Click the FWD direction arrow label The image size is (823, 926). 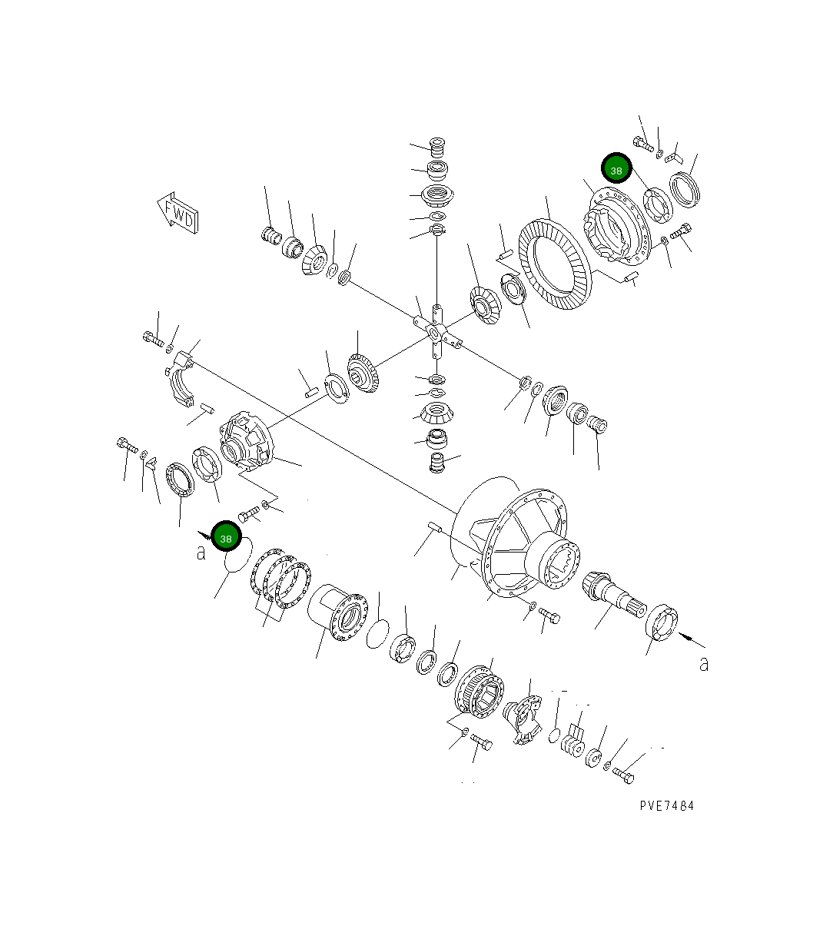coord(178,212)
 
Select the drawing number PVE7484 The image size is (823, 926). coord(665,805)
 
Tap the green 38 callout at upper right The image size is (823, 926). coord(616,169)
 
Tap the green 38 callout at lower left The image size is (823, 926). coord(226,538)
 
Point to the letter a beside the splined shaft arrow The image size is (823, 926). coord(703,664)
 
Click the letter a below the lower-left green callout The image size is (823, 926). coord(201,552)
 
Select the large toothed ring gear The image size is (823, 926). coord(556,264)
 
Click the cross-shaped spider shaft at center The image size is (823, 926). coord(436,331)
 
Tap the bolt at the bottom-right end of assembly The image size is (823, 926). coord(623,775)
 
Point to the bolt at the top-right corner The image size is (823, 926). coord(642,142)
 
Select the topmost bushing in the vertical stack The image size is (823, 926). coord(436,147)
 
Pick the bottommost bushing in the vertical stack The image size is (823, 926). coord(437,463)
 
